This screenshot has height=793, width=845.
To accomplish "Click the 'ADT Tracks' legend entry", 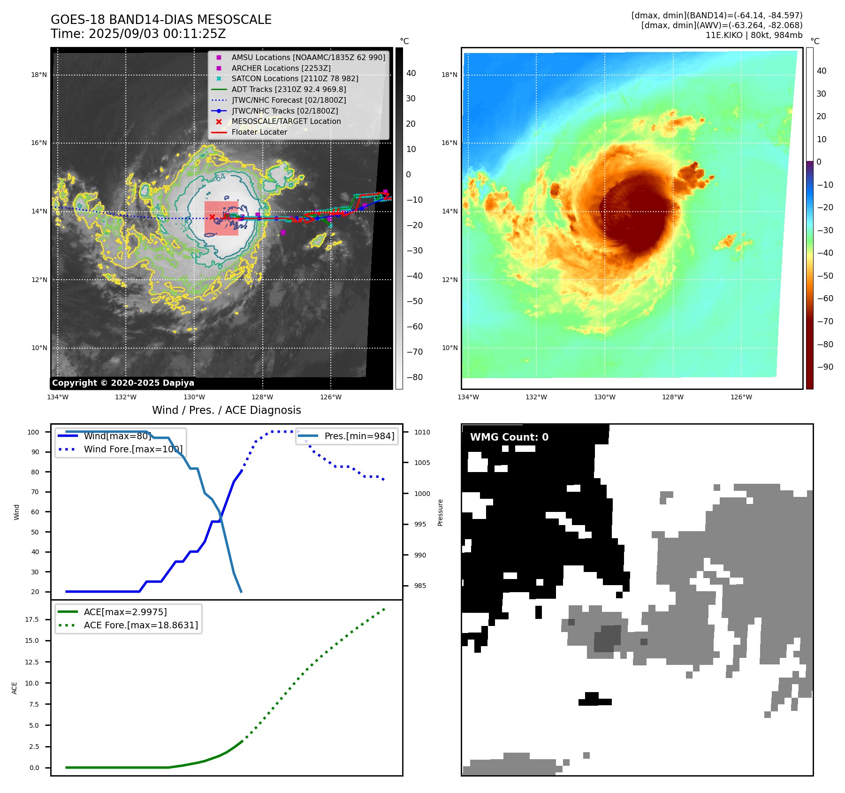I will pos(289,89).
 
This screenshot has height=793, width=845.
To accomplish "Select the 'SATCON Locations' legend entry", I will pos(295,78).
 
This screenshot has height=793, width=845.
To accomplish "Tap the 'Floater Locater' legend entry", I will pos(259,132).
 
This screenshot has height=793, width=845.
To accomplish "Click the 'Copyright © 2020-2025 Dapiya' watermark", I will pos(123,383).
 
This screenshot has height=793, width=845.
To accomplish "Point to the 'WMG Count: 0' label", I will pos(509,437).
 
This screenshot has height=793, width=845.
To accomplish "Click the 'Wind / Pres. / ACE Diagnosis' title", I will pos(226,410).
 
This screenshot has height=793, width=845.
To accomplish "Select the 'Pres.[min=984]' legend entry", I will pos(359,436).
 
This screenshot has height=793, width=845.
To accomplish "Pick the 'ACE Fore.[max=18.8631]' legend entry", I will pos(141,625).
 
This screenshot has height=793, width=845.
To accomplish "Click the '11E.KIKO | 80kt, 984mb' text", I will pos(754,35).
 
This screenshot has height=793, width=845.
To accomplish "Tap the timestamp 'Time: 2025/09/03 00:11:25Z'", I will pos(138,34).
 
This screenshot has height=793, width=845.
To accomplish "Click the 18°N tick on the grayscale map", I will pos(39,75).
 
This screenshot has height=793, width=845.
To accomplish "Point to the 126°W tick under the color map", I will pos(741,397).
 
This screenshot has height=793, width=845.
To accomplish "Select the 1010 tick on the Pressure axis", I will pos(422,432).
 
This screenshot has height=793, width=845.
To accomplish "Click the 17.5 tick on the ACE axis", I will pos(32,619).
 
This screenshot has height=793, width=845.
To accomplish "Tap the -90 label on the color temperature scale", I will pos(825,367).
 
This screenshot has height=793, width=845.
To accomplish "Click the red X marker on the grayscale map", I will pos(212,217).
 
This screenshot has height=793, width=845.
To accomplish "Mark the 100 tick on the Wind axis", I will pos(33,432).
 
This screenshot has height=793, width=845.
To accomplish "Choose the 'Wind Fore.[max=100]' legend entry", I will pos(133,449).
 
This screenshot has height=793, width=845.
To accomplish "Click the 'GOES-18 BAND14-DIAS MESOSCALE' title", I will pos(161,20).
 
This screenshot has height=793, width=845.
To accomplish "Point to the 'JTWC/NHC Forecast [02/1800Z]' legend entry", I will pos(289,100).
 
